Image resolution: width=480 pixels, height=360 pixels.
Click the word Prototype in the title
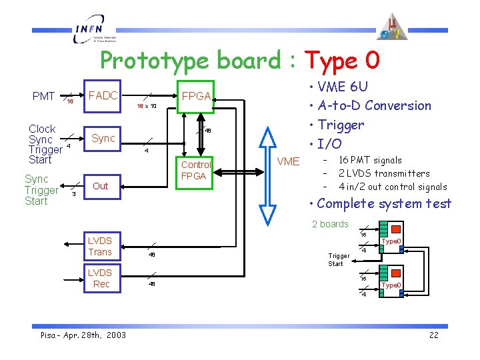click(157, 61)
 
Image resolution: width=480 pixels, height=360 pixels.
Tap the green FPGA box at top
click(197, 97)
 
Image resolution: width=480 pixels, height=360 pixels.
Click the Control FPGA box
click(196, 170)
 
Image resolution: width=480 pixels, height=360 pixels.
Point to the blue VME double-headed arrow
click(267, 173)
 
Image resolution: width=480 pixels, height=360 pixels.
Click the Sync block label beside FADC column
click(103, 138)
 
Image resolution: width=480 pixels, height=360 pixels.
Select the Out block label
click(101, 186)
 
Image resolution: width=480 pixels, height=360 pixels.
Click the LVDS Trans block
click(101, 246)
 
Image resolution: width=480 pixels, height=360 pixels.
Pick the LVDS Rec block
click(101, 278)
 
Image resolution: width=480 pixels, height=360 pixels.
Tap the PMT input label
click(44, 97)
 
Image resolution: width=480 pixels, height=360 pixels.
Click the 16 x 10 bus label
click(147, 106)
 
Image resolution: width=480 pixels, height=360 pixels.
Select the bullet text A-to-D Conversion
click(374, 105)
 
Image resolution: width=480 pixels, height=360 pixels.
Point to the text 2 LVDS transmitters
click(384, 173)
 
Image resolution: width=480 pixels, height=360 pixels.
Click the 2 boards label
click(330, 224)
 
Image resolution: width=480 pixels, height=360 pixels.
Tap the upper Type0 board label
click(391, 241)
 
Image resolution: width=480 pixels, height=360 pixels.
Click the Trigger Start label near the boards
click(339, 259)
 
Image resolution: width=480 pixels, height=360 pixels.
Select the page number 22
click(433, 335)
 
